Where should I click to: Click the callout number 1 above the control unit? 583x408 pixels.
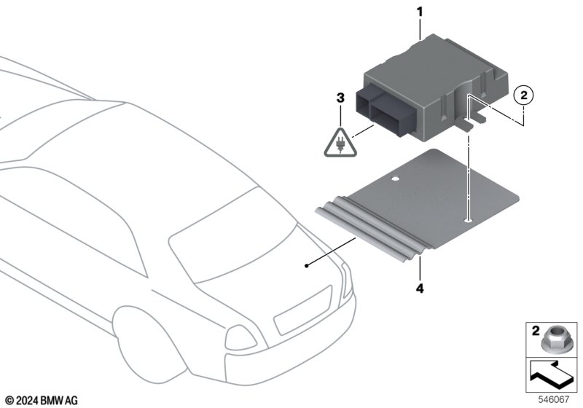coord(420,12)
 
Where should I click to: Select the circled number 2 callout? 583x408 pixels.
coord(523,95)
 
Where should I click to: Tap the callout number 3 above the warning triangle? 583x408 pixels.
coord(340,98)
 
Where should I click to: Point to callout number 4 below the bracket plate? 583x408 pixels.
coord(420,288)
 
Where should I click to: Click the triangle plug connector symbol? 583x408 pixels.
coord(340,143)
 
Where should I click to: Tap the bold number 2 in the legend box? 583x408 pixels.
coord(536,331)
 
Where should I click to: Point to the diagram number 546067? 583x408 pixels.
coord(554,400)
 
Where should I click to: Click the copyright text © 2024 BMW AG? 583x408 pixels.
coord(42,401)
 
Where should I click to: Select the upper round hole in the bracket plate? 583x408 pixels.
coord(396,179)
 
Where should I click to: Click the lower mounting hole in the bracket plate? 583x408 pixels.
coord(469,221)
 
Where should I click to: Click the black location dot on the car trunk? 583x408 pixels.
coord(306,266)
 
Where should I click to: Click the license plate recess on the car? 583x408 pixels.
coord(302,310)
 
